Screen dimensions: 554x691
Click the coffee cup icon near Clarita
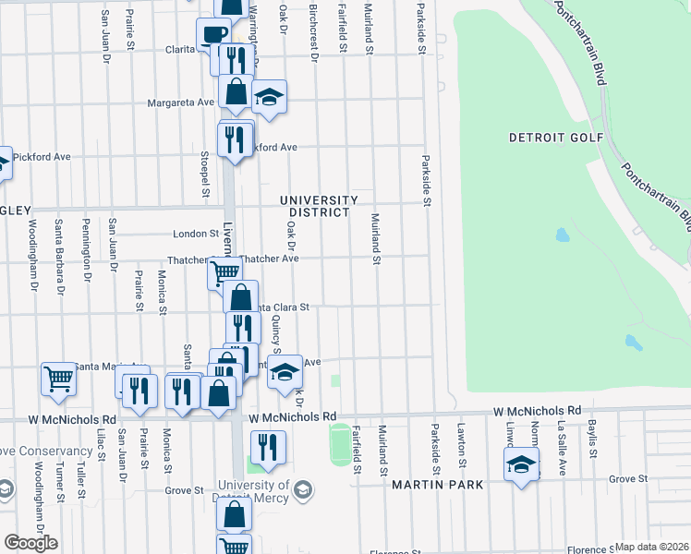212,35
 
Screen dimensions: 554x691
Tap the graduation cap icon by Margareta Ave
269,97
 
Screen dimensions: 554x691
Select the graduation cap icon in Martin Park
521,464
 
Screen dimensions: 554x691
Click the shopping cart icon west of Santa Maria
58,377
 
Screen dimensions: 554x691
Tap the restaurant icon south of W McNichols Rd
268,447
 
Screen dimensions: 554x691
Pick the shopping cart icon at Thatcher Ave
224,271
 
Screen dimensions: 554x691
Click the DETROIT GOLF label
555,138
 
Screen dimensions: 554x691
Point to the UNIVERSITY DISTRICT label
319,206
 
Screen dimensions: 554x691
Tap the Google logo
30,543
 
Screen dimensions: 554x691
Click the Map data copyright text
651,547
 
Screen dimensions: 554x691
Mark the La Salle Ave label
560,448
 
